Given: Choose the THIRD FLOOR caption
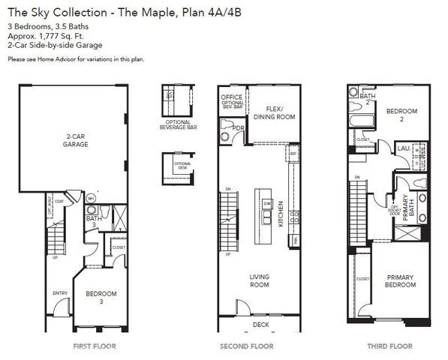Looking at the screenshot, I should [x=389, y=346].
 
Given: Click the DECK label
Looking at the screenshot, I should [x=261, y=325].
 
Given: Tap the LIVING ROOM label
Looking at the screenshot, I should [x=260, y=280].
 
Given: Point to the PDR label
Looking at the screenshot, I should [x=239, y=128].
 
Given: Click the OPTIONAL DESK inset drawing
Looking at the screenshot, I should [x=178, y=167].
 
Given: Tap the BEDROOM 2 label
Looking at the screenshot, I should [x=401, y=115].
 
